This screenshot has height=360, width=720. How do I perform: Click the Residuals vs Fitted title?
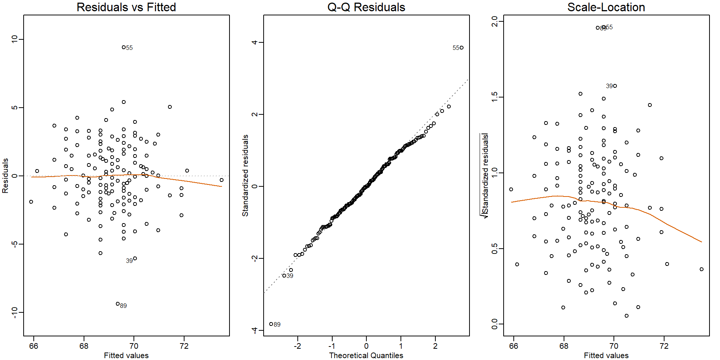click(126, 7)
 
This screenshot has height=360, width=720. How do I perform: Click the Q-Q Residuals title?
click(366, 7)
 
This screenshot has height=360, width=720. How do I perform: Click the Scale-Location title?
click(606, 7)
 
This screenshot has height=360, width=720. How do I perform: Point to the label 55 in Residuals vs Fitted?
click(129, 48)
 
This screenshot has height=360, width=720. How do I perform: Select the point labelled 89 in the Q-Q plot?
click(271, 324)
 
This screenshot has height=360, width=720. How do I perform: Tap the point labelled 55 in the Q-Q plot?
click(462, 48)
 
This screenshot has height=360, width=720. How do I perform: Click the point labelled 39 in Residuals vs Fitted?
click(135, 258)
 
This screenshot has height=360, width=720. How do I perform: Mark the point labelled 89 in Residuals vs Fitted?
click(118, 304)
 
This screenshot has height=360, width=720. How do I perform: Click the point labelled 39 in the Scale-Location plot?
click(615, 86)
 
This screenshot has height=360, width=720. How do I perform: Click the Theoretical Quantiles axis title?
click(366, 355)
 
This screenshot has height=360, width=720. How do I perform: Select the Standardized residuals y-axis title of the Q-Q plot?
click(245, 175)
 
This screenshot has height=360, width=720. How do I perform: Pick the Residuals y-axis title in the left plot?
click(5, 175)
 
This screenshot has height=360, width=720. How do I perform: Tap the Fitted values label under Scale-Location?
click(606, 355)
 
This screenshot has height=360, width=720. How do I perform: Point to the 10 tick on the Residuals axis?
click(15, 39)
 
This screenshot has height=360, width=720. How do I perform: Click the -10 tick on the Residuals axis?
click(15, 312)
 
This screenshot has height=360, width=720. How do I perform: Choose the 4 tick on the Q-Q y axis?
click(255, 42)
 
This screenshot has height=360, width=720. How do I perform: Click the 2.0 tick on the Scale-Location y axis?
click(495, 21)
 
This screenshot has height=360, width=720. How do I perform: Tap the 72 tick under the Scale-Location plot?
click(664, 346)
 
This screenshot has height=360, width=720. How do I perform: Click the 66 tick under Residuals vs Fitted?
click(33, 346)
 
